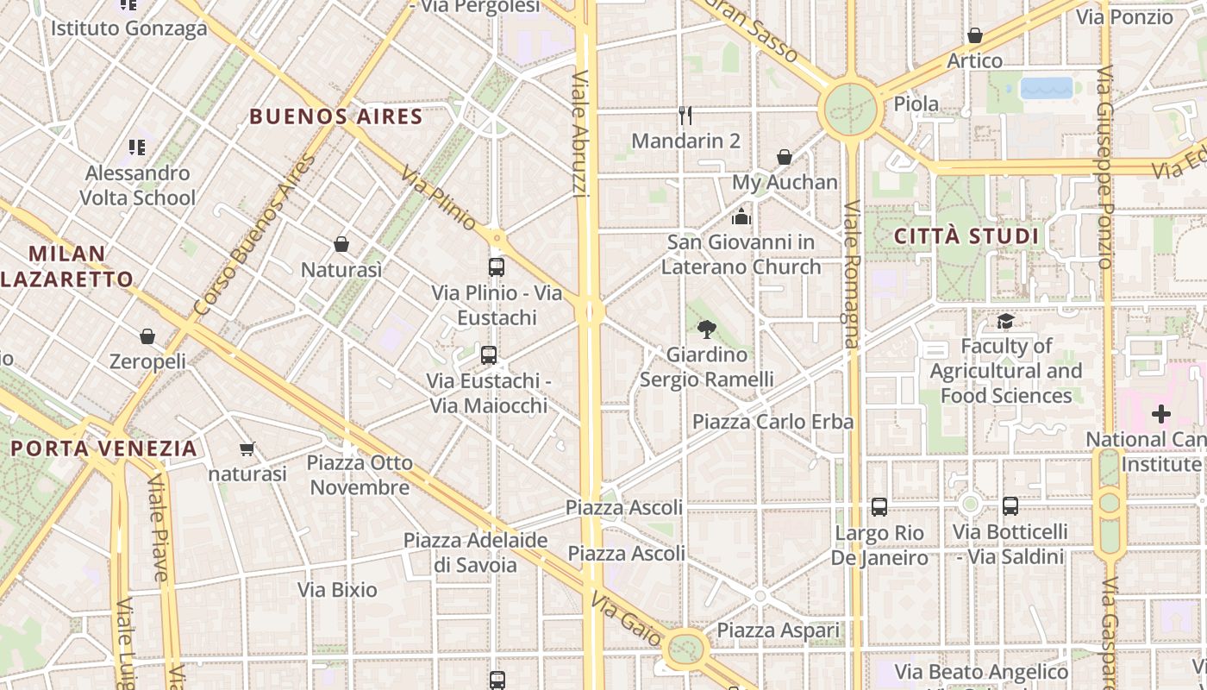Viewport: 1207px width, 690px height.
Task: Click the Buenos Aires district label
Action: [x=336, y=116]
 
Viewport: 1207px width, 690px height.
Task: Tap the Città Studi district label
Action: [x=966, y=236]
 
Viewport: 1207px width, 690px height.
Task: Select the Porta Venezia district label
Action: [x=104, y=448]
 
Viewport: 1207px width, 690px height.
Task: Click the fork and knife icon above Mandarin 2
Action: [x=685, y=116]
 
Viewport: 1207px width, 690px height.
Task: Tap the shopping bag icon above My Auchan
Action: [x=785, y=157]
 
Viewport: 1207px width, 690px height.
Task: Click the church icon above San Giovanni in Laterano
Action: [x=741, y=216]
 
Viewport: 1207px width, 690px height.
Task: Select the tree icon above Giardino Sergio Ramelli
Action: [x=707, y=329]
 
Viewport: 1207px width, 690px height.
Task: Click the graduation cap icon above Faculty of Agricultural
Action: [x=1005, y=321]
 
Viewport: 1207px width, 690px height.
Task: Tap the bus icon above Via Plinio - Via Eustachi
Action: [x=497, y=267]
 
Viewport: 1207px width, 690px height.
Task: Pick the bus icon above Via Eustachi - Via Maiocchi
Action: [x=489, y=354]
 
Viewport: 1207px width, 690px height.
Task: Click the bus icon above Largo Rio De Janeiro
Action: [x=879, y=507]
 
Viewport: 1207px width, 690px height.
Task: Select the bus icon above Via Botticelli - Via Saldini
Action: [x=1010, y=506]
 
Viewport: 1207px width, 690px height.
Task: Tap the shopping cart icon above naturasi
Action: [x=247, y=448]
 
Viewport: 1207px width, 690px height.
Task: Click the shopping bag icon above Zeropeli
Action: [x=147, y=336]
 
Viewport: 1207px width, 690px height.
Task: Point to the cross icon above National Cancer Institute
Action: [x=1161, y=414]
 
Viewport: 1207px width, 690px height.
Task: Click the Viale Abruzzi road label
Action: [x=580, y=134]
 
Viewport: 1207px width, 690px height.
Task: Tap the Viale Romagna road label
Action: [x=852, y=274]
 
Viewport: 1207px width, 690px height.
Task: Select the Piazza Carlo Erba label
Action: [x=773, y=422]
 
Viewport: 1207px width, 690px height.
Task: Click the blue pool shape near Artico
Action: [x=1047, y=88]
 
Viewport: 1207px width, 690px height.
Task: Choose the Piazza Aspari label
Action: [x=779, y=630]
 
